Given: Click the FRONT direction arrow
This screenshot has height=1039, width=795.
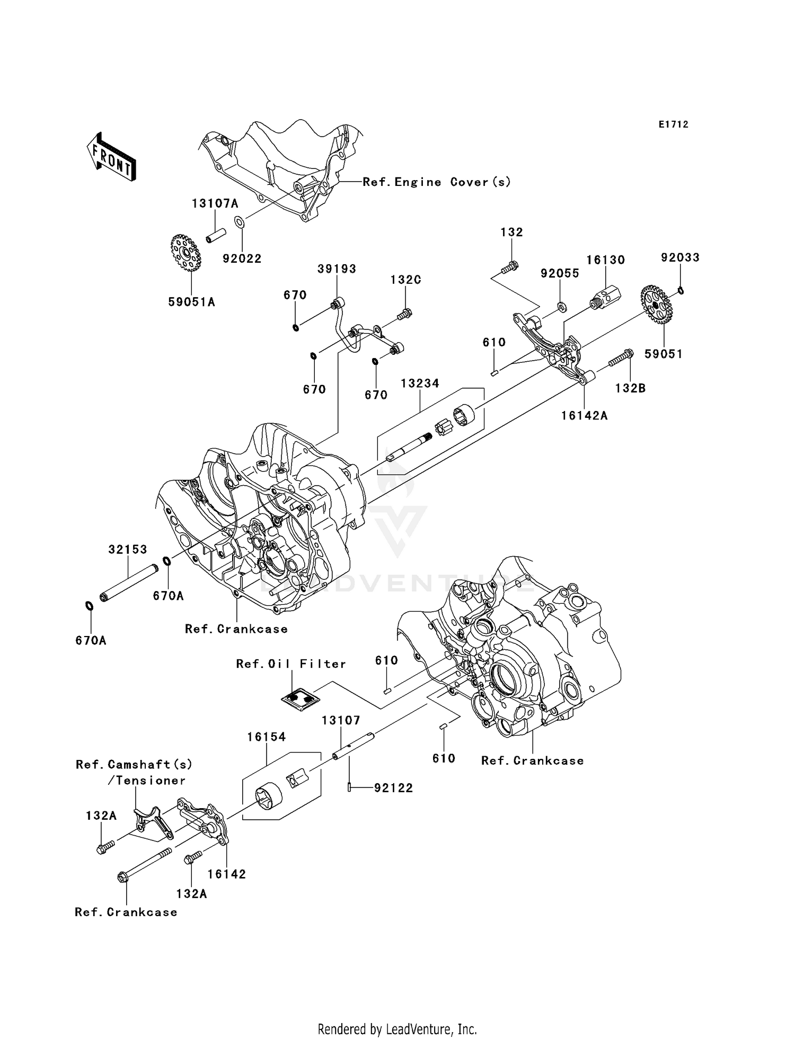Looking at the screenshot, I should pos(111,158).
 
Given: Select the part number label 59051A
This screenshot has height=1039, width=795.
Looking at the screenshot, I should pos(191,302).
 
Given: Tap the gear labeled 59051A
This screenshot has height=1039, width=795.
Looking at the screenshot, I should pos(186,254).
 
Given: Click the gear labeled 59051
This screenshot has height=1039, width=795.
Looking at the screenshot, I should pos(656,304).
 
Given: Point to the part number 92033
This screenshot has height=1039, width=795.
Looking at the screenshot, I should pos(680,257).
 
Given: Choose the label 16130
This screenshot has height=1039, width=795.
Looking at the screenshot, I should pos(605,260).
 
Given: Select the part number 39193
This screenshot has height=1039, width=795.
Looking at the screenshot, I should pos(337,268).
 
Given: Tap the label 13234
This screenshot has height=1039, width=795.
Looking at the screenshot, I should pos(420,383).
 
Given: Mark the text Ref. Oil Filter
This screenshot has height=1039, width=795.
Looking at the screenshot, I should pos(291,664).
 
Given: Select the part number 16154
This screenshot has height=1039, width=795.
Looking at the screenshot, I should pos(267,737).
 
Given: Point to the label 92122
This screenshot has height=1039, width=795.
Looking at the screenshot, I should pos(393,788).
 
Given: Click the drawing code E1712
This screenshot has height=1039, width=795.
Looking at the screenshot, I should pos(673,124).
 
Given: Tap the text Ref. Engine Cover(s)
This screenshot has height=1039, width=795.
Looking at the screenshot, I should pos(437,182).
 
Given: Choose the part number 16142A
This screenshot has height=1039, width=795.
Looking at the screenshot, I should pos(584,416).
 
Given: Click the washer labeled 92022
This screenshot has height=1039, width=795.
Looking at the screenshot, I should pos(240,222).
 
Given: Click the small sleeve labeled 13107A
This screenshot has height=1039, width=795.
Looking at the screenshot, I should pos(216,235).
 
